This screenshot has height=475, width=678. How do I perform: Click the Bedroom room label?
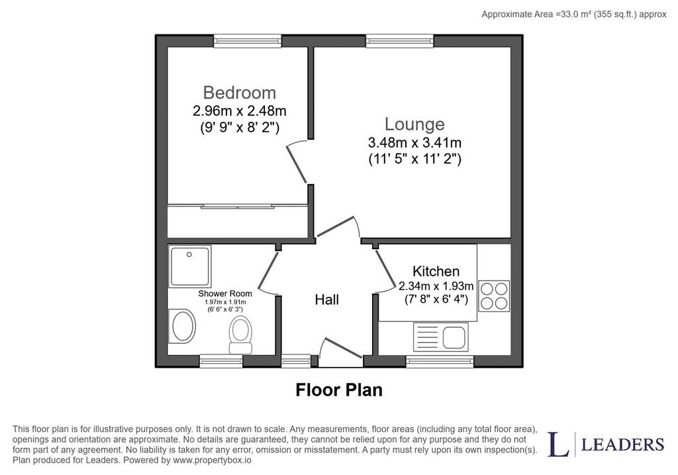click(x=239, y=93)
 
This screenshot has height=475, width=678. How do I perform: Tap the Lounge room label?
click(x=414, y=124)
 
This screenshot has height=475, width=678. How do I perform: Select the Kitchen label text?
click(x=436, y=271)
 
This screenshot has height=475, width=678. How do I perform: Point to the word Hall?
click(x=326, y=299)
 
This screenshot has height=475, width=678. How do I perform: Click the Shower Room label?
click(x=225, y=293)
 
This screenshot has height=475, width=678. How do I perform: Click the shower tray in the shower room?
click(x=190, y=266)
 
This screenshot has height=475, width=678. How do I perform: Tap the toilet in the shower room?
click(x=240, y=335)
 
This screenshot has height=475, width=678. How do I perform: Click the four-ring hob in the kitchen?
click(x=494, y=296)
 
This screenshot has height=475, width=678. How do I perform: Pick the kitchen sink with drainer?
click(x=440, y=337)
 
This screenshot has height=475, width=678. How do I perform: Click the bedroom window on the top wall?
click(x=248, y=41)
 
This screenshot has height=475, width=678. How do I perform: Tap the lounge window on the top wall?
click(x=399, y=41)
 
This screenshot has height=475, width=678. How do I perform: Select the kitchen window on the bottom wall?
click(x=440, y=361)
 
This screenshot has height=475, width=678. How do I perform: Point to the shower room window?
click(x=221, y=361)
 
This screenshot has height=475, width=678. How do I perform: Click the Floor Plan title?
click(x=339, y=390)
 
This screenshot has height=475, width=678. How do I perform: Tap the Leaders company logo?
click(x=606, y=444)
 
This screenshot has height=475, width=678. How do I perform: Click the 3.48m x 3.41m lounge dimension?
click(x=414, y=142)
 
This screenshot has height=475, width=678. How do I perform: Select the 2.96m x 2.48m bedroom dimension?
click(x=240, y=111)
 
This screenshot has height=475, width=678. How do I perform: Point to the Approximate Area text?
click(x=574, y=15)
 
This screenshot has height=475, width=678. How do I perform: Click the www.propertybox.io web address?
click(x=212, y=460)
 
